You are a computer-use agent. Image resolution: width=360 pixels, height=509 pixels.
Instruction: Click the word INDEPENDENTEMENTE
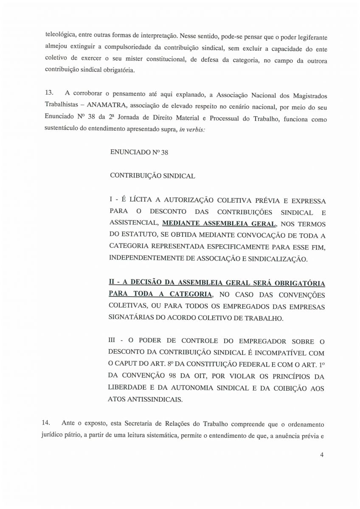[x=150, y=257]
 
